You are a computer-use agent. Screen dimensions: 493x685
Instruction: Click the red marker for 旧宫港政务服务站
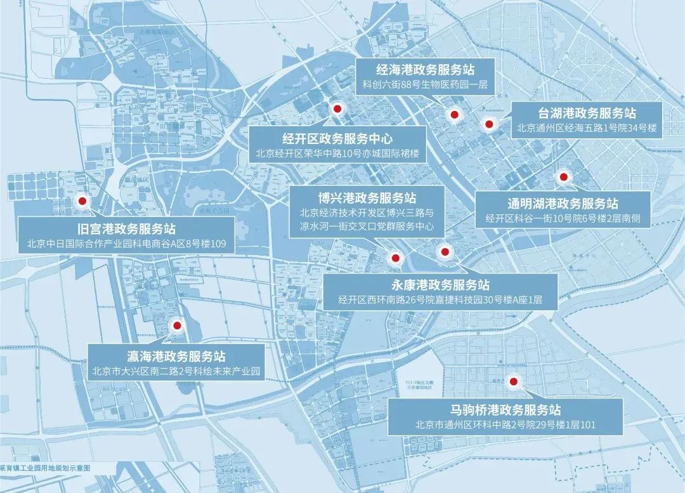point(82,202)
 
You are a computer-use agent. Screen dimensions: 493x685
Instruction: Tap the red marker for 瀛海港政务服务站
point(177,325)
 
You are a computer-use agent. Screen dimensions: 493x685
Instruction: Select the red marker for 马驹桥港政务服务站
point(514,383)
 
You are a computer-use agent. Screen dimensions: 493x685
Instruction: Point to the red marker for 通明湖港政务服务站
point(563,177)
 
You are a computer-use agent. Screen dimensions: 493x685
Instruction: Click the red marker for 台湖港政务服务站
point(488,124)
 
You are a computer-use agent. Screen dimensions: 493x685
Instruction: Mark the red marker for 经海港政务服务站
point(454,115)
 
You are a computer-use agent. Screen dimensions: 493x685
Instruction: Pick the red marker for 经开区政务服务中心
point(338,109)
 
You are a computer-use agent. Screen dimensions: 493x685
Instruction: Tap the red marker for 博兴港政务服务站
point(395,258)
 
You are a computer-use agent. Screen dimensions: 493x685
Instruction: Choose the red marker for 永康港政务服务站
point(445,252)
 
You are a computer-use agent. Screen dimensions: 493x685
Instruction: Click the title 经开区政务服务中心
point(337,138)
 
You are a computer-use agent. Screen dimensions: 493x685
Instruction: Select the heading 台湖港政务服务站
point(587,114)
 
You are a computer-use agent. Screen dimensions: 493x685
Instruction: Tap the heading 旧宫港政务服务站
point(126,228)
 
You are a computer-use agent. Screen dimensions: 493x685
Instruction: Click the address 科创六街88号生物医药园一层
point(424,84)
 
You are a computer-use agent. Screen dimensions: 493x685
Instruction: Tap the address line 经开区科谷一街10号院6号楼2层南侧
point(563,218)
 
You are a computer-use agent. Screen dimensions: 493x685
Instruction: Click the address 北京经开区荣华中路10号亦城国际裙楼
point(337,154)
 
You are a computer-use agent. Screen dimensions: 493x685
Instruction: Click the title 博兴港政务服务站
point(367,197)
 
